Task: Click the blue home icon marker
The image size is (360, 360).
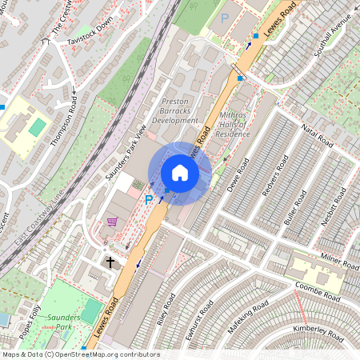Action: (x=180, y=173)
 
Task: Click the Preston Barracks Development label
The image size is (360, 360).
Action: (x=179, y=111)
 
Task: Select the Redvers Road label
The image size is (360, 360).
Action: (x=273, y=180)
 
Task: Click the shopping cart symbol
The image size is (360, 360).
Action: (x=112, y=222)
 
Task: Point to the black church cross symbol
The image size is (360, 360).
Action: (x=110, y=262)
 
